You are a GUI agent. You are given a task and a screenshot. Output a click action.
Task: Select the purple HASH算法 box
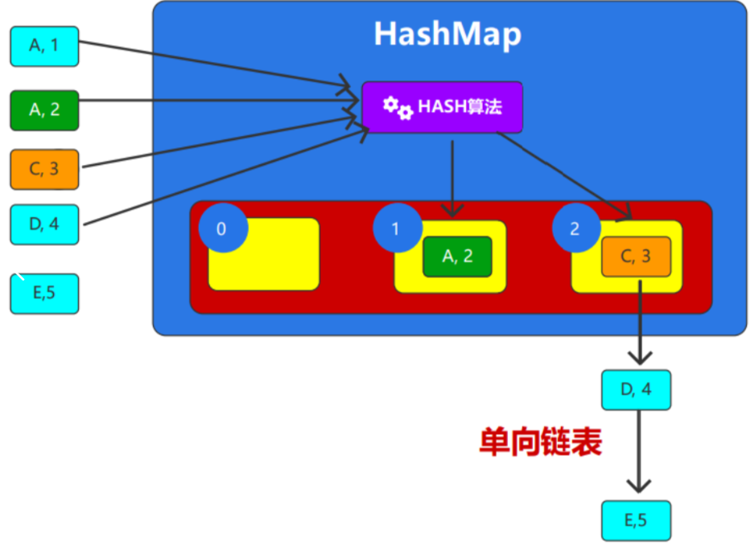(x=442, y=106)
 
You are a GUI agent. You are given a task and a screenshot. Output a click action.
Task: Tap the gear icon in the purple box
(x=397, y=107)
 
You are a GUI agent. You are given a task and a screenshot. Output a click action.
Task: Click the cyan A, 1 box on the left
(x=44, y=46)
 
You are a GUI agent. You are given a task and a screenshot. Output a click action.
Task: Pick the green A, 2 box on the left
(x=44, y=109)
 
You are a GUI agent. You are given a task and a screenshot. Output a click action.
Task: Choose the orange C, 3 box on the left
(x=44, y=169)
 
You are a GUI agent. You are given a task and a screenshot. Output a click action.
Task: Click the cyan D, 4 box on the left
(x=44, y=224)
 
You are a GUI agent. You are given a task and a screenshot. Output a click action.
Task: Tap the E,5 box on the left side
(x=44, y=294)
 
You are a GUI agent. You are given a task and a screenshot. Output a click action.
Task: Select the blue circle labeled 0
(x=221, y=228)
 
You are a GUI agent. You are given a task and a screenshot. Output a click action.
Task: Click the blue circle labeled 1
(x=396, y=228)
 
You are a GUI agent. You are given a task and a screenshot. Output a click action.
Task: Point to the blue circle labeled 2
(x=575, y=228)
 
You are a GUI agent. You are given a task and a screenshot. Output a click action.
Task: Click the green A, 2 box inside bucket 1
(x=457, y=257)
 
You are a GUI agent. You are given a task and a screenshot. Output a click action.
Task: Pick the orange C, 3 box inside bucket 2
(x=636, y=257)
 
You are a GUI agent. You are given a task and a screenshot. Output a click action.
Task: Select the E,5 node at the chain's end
(x=636, y=520)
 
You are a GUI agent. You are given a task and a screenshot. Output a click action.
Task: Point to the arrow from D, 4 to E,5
(x=638, y=450)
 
